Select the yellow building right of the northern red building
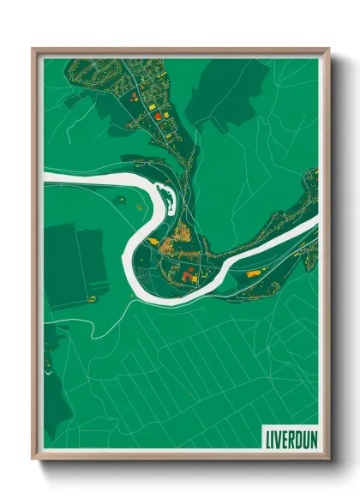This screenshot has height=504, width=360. click(x=158, y=114)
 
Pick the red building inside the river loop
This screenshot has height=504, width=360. click(x=187, y=276)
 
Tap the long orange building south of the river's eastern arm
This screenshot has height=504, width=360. click(x=254, y=273)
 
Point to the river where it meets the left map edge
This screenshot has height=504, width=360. click(x=45, y=178)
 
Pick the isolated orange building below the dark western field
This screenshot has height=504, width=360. click(x=88, y=298)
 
